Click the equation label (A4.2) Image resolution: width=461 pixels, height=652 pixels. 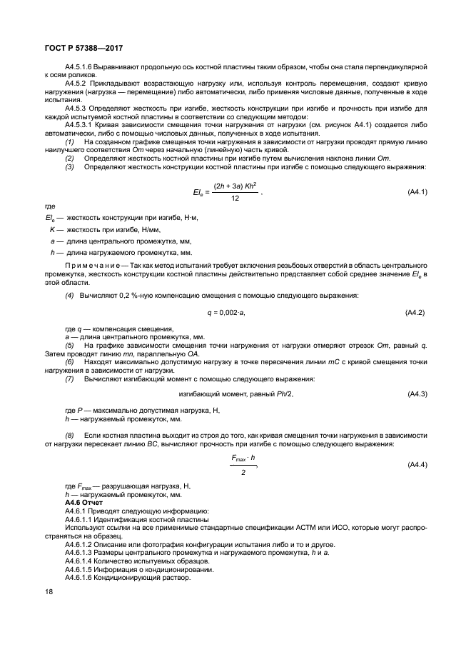416,313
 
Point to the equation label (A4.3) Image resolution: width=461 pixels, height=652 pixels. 416,394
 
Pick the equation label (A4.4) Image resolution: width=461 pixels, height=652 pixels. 416,465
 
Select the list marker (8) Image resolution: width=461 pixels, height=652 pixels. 69,435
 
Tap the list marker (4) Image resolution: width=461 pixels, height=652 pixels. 69,295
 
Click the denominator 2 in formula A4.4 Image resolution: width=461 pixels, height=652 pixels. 243,472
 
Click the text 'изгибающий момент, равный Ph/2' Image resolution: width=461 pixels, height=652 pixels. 235,394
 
